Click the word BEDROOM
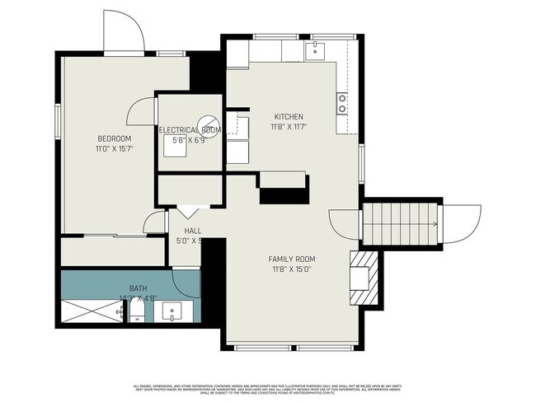click(114, 138)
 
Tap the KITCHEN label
click(288, 117)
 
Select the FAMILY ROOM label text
click(294, 259)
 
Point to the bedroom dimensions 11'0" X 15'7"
click(114, 149)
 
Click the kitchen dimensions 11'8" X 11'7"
click(288, 128)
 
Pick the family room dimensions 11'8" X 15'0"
click(294, 269)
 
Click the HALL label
click(192, 231)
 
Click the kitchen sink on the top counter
click(316, 51)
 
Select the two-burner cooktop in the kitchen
click(341, 103)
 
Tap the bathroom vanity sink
click(174, 312)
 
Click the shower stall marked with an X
click(90, 311)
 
